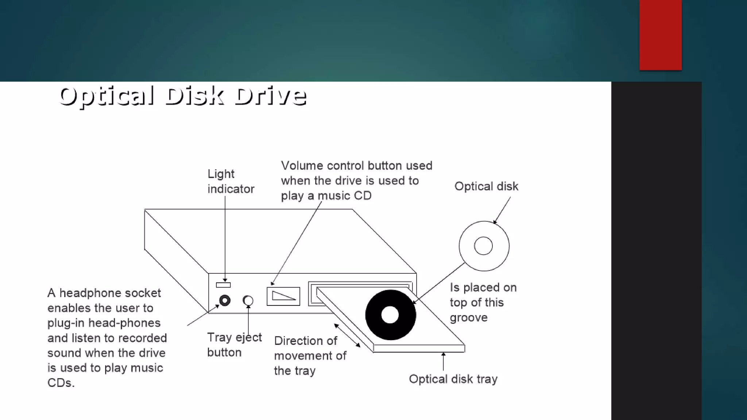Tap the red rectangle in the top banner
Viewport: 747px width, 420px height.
pos(660,35)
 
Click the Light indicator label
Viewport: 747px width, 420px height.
pos(231,181)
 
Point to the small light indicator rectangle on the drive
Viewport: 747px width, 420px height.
pos(223,285)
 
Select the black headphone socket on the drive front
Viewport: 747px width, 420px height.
pos(225,300)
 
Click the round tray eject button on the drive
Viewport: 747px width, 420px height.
pos(248,301)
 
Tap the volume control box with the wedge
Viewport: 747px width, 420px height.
pos(283,296)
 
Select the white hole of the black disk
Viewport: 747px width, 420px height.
pos(390,315)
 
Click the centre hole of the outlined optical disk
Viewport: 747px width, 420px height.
pos(483,246)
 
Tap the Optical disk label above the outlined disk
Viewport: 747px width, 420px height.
pos(486,186)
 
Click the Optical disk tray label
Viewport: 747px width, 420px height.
pos(453,379)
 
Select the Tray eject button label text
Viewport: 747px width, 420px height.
pos(234,345)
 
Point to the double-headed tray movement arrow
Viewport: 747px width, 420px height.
pos(347,335)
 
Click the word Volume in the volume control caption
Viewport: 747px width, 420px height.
pos(302,166)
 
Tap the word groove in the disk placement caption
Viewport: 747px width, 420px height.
pos(468,318)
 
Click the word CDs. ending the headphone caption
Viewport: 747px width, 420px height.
pos(61,383)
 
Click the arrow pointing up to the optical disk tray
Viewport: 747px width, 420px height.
pos(443,361)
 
